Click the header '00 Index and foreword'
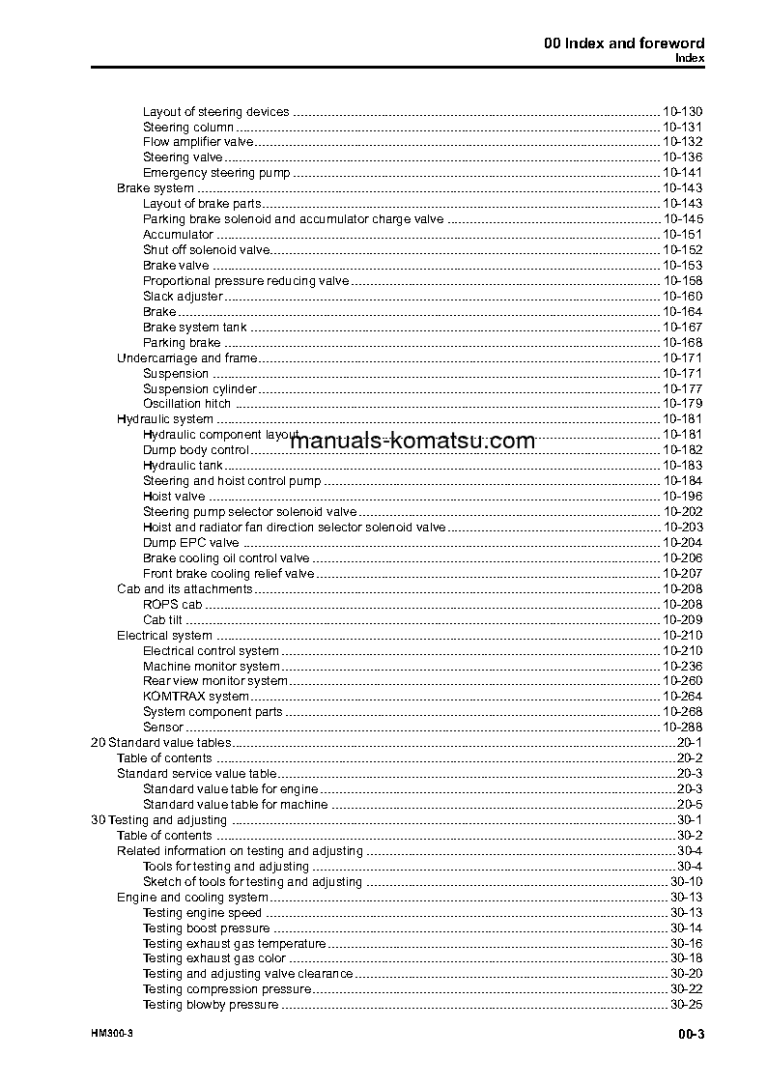(624, 43)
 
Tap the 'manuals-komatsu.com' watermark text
(412, 442)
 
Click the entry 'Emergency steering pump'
(215, 173)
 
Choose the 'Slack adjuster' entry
(182, 297)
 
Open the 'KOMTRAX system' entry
(195, 697)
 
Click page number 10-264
(682, 697)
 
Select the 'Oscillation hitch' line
(186, 404)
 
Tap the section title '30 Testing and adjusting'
(158, 820)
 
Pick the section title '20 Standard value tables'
(160, 743)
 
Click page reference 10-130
(682, 111)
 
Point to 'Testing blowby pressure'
(211, 1005)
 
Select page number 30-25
(686, 1005)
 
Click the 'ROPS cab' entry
(172, 604)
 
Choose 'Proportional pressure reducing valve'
(245, 281)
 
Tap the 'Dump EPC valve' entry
(190, 543)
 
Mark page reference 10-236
(682, 666)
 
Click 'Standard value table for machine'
(235, 804)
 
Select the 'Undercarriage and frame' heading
(186, 358)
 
